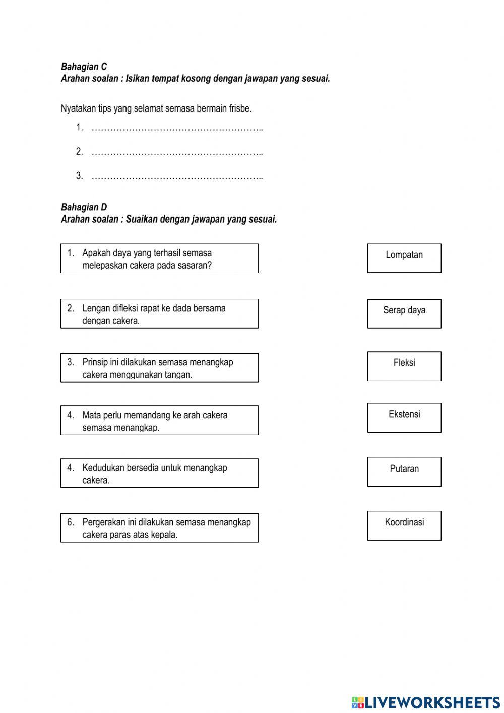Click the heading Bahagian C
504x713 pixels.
(x=84, y=67)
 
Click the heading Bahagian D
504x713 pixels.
(x=84, y=207)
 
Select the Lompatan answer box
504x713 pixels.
(x=404, y=258)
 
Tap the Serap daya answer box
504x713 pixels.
(x=404, y=313)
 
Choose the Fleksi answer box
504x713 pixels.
(x=404, y=366)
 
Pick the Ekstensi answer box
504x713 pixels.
(x=404, y=418)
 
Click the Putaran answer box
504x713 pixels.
(x=404, y=472)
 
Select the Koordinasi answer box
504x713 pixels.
(x=404, y=526)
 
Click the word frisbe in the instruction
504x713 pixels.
(x=240, y=108)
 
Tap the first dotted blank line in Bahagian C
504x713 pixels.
(x=177, y=128)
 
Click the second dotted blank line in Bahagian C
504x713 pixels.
(x=177, y=152)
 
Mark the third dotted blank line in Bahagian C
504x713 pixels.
(x=177, y=177)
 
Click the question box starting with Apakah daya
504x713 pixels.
(x=159, y=259)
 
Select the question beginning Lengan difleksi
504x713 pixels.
(x=159, y=314)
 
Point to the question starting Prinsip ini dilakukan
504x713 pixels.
(x=159, y=368)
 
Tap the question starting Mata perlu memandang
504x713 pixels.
(x=159, y=421)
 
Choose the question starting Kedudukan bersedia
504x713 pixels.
(x=159, y=473)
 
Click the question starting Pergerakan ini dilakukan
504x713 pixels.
(x=159, y=528)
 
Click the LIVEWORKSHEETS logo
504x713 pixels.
(x=426, y=702)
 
